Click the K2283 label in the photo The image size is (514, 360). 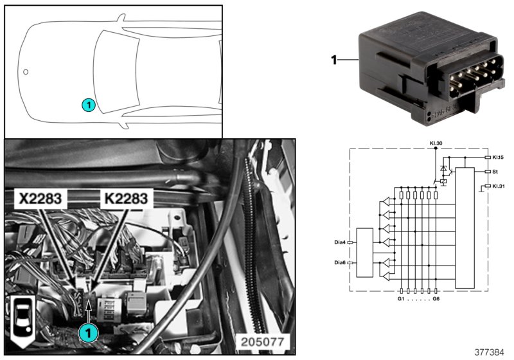(x=125, y=199)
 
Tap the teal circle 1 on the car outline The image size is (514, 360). (x=89, y=104)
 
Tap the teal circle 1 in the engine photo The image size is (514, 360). (x=88, y=332)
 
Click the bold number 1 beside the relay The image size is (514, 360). (x=333, y=60)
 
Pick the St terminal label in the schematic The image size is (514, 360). (x=496, y=172)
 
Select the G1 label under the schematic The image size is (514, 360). (x=402, y=299)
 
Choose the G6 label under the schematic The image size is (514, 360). (x=436, y=299)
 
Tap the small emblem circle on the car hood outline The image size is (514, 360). (x=26, y=72)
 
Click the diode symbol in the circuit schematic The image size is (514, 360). (x=443, y=169)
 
